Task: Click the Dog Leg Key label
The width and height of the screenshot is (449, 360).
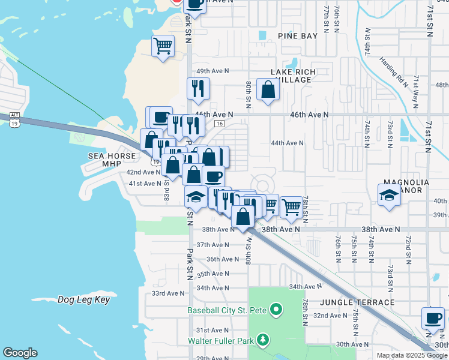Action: point(84,299)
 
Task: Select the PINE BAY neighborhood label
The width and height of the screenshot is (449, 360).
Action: point(298,36)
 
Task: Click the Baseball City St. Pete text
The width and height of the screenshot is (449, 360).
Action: point(227,310)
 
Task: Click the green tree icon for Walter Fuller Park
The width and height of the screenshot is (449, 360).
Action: point(262,341)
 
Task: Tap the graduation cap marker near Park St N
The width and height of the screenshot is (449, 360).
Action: point(196,196)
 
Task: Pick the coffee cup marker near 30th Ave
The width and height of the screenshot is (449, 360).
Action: point(433,318)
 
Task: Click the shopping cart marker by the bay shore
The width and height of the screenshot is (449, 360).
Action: point(163,46)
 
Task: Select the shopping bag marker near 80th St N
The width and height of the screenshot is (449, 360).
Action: point(268,90)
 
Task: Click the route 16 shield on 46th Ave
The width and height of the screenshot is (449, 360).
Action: point(220,123)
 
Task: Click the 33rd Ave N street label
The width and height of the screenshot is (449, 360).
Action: point(168,293)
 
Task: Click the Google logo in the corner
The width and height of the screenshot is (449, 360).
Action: point(20,353)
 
